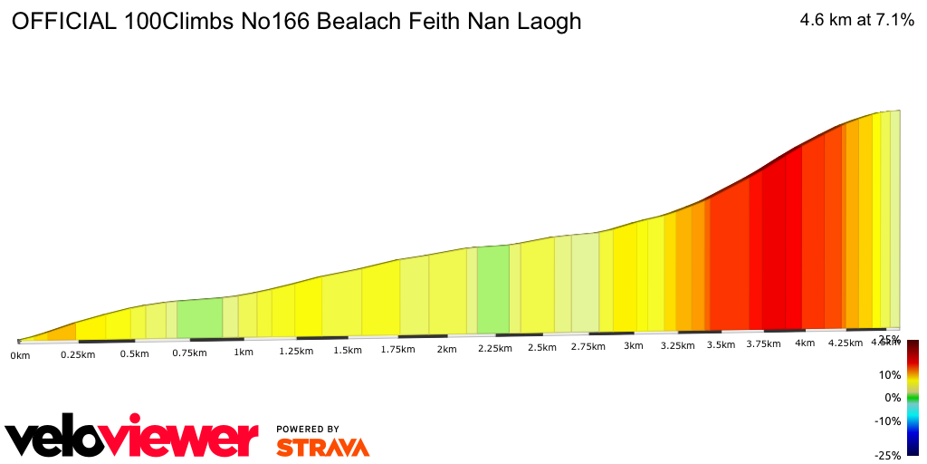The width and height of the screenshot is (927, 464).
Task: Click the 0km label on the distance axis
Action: tap(20, 356)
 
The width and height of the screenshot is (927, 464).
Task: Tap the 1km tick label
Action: tap(243, 353)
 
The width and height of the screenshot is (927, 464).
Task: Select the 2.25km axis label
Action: tap(496, 349)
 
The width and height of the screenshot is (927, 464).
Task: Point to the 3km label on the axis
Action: tap(634, 345)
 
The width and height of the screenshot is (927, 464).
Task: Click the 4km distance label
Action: tap(805, 343)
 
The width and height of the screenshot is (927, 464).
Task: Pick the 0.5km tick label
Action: tap(134, 353)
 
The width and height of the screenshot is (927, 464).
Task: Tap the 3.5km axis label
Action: tap(721, 344)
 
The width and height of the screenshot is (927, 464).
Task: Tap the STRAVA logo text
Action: tap(322, 447)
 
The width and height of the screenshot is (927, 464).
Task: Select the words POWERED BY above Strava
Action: tap(308, 429)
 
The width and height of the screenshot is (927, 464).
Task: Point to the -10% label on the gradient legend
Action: tap(887, 420)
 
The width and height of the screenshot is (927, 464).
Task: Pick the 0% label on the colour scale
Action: tap(893, 397)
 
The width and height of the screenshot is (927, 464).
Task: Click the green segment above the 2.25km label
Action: tap(492, 288)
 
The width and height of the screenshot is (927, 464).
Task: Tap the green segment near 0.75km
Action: tap(199, 317)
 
